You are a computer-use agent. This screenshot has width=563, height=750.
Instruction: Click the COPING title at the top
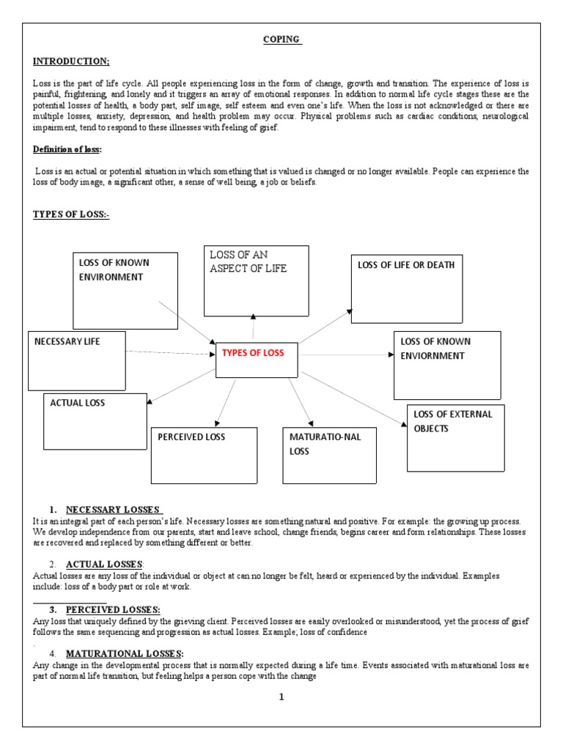[x=281, y=40]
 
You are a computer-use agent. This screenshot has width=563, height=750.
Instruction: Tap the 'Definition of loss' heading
[x=70, y=149]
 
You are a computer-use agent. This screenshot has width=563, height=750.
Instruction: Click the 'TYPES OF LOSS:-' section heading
[x=71, y=214]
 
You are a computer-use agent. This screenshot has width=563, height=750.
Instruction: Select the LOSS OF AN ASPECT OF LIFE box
[x=256, y=281]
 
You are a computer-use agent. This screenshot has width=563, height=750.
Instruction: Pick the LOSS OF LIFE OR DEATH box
[x=407, y=289]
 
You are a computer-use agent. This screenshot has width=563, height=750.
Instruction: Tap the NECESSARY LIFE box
[x=76, y=360]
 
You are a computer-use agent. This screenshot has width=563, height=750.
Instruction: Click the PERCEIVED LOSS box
[x=204, y=455]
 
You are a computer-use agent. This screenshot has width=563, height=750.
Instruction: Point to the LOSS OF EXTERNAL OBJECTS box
[x=455, y=437]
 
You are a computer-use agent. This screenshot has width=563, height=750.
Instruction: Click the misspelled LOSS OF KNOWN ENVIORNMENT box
[x=447, y=365]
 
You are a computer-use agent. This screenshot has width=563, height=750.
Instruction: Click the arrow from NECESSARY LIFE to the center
[x=169, y=353]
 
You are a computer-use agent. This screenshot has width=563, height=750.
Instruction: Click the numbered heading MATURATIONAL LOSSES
[x=124, y=653]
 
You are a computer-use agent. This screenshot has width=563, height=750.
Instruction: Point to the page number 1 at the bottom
[x=281, y=697]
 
